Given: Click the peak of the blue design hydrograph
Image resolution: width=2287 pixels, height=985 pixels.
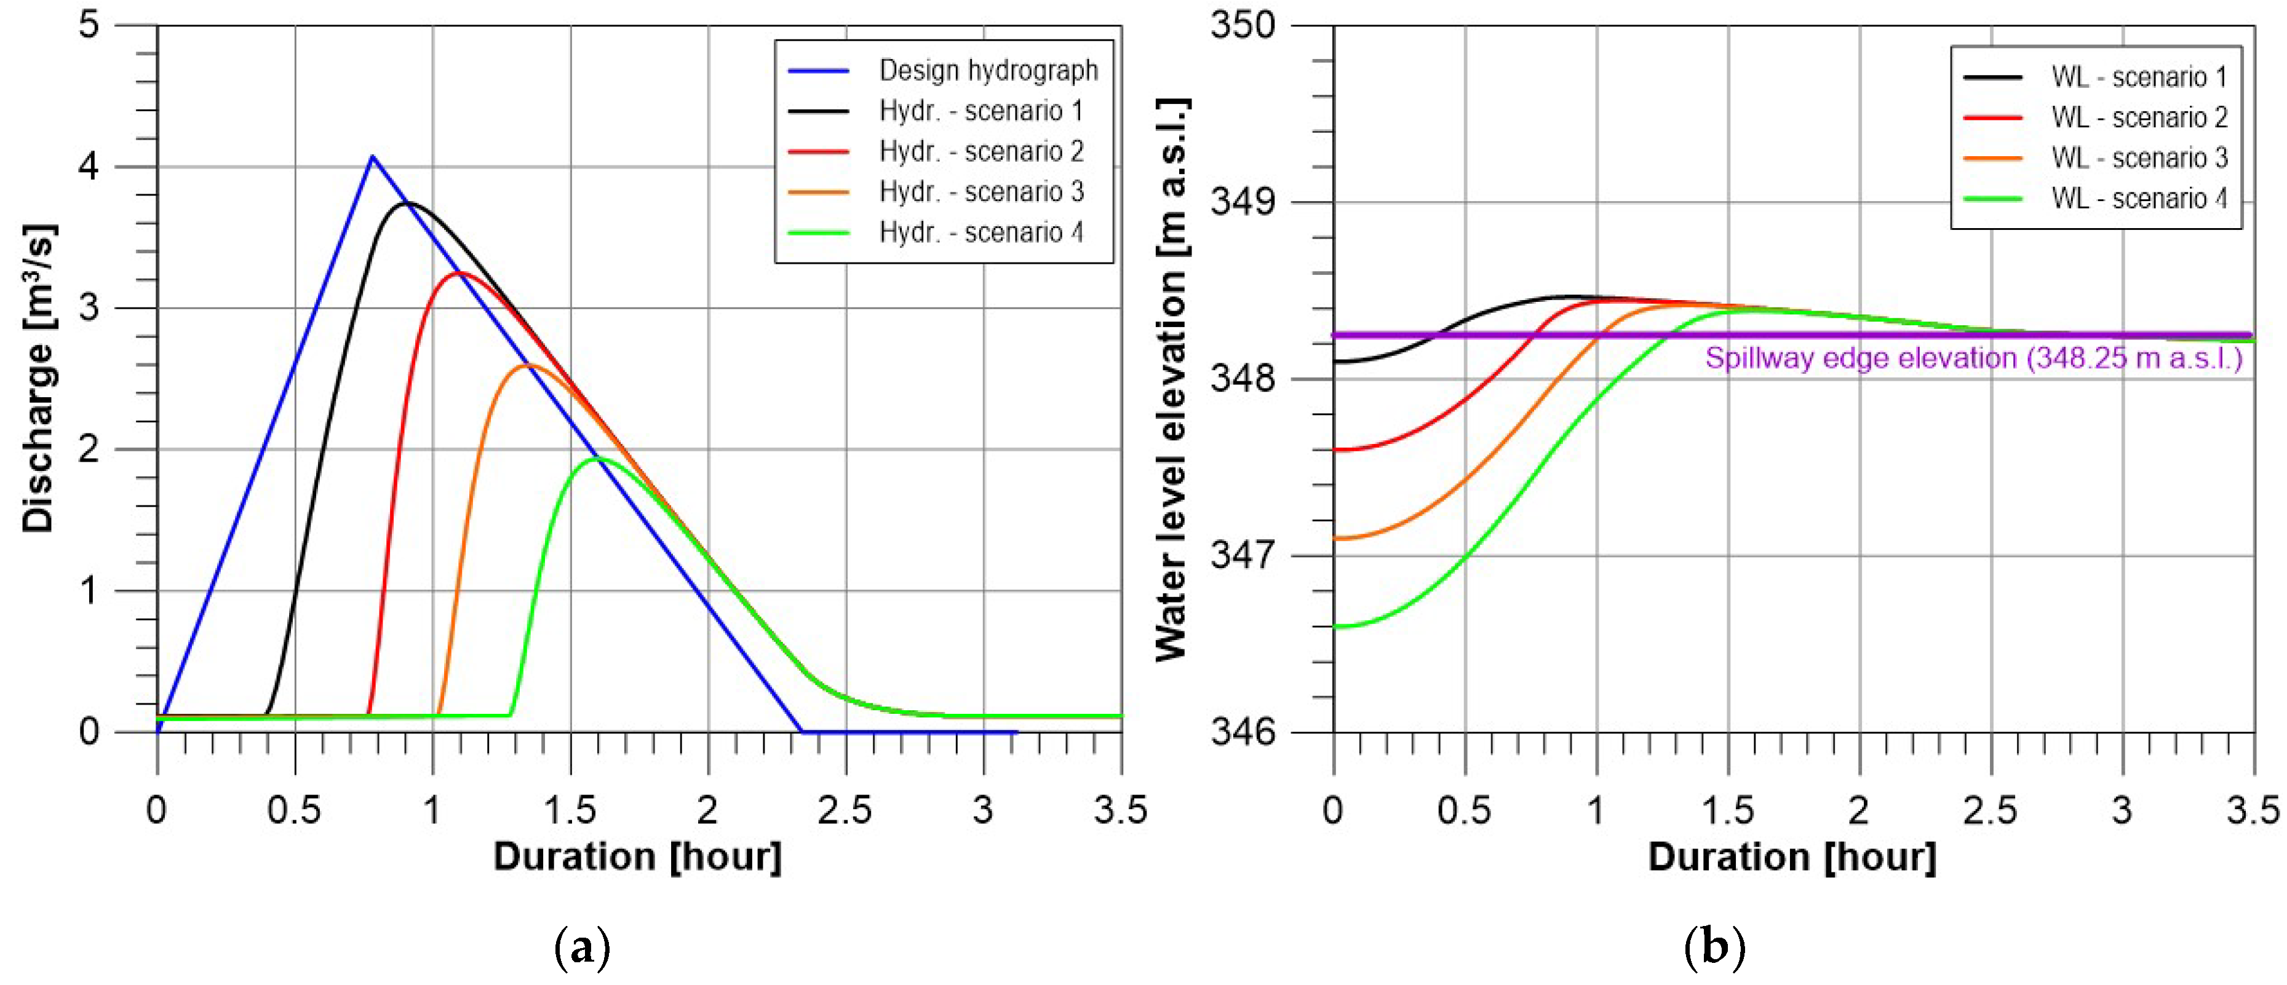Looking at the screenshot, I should pos(372,157).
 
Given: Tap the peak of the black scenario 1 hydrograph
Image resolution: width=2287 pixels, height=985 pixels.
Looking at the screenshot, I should pos(407,204).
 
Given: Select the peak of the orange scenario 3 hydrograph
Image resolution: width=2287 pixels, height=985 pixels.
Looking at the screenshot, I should pos(528,365).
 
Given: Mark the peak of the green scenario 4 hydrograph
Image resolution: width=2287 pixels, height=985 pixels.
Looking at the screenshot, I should pos(597,458).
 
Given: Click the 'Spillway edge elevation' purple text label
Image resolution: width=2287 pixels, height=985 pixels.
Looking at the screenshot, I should pos(1973,358).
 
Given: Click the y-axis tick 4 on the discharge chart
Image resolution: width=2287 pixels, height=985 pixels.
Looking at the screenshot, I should pos(89,166).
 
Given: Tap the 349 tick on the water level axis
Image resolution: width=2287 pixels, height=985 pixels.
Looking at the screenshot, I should pos(1243,202).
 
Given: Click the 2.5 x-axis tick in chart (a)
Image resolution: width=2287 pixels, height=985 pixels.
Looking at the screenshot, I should pos(845,809).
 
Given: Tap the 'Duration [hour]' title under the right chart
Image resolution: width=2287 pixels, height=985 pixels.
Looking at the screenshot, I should pos(1792,857).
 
